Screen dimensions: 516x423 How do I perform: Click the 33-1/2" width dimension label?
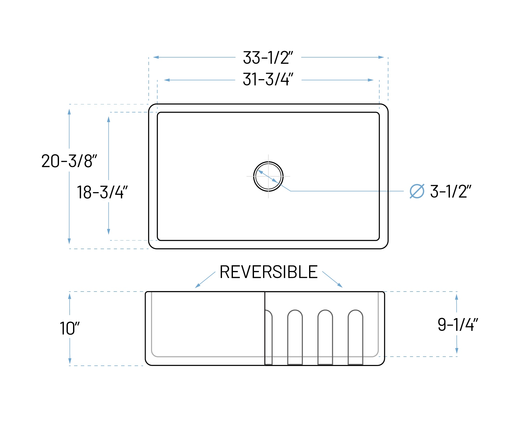[268, 58]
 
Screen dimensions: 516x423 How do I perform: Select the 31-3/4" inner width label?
[268, 79]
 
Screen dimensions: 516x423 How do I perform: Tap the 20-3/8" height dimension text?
[69, 161]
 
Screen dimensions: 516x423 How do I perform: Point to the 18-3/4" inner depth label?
[102, 192]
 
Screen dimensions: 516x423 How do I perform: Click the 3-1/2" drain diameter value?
[451, 191]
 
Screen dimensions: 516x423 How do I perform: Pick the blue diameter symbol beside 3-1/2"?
[417, 191]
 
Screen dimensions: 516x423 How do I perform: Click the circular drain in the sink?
[268, 176]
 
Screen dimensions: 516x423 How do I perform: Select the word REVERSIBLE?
[269, 272]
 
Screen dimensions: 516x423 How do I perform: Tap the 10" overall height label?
[70, 329]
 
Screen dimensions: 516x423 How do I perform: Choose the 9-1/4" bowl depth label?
[458, 325]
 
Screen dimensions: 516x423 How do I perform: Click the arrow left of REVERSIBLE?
[205, 280]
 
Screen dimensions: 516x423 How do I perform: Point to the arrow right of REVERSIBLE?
[332, 279]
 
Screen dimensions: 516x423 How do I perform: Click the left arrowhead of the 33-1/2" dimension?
[156, 57]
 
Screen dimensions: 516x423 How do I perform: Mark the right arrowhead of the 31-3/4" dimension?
[371, 80]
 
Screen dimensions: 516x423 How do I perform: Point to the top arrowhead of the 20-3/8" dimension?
[69, 112]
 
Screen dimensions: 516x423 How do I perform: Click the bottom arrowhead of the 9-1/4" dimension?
[457, 351]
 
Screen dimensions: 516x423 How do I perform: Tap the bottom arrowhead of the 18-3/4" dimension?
[109, 232]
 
